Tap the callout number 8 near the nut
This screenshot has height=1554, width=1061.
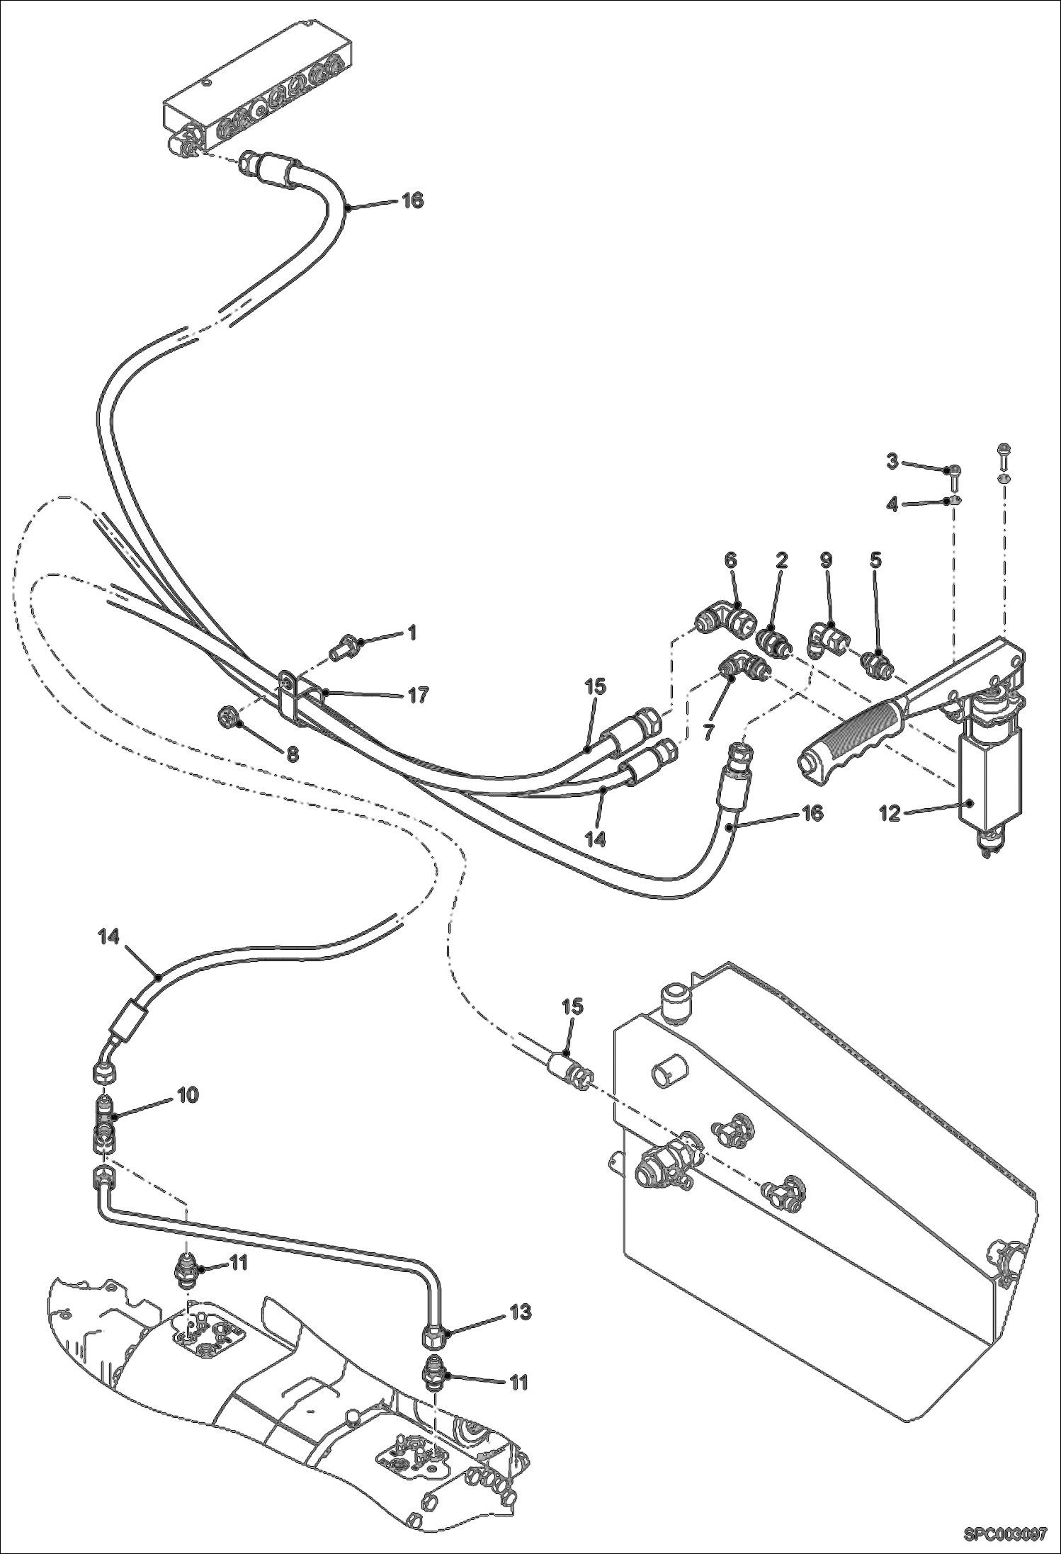coord(293,755)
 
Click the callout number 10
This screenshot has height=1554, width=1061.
coord(188,1095)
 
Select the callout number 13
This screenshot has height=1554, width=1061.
coord(520,1312)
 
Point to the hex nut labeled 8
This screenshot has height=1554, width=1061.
coord(228,720)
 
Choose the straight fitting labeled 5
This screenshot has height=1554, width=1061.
coord(876,663)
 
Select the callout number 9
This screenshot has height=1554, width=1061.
coord(825,560)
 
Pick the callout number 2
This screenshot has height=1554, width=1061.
coord(781,560)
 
